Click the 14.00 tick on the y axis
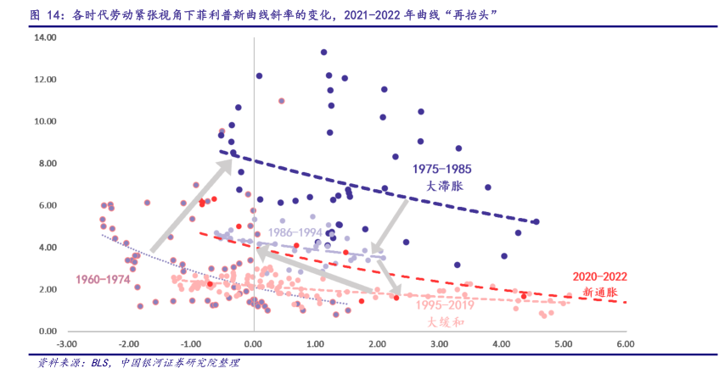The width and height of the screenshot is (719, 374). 44,38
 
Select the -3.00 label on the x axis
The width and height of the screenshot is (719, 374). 66,344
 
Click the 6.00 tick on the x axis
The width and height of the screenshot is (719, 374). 626,344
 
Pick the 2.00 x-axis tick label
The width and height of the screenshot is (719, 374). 377,344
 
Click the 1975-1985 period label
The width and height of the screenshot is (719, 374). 441,169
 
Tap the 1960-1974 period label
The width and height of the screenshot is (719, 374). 104,279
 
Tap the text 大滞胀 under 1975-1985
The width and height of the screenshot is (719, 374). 441,185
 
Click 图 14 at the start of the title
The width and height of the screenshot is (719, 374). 44,15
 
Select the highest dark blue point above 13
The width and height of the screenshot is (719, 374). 323,53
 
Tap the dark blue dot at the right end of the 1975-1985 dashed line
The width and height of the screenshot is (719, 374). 536,222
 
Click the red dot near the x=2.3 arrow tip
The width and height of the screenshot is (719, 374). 396,298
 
